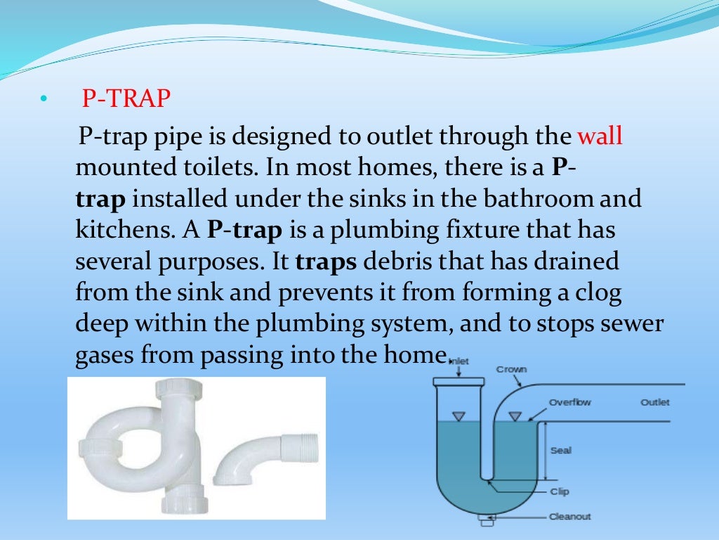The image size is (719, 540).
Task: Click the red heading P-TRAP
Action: point(126,99)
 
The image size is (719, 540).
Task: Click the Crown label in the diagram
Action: point(511,369)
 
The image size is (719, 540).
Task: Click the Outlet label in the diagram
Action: point(654,402)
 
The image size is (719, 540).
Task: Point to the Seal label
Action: point(560,450)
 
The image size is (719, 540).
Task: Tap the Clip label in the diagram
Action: point(559,492)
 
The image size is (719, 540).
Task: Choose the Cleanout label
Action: point(569,517)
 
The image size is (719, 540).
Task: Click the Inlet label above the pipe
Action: point(458,361)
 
